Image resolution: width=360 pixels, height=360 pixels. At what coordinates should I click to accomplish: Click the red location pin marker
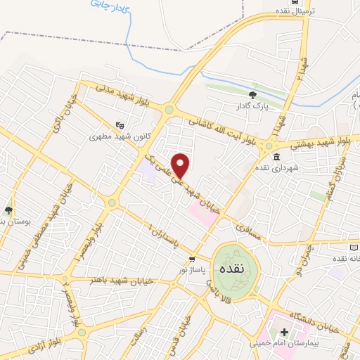(x=181, y=165)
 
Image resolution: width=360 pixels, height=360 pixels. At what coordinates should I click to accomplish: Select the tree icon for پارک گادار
(x=253, y=95)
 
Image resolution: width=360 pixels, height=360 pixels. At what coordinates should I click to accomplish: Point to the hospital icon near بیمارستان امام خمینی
(x=285, y=333)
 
